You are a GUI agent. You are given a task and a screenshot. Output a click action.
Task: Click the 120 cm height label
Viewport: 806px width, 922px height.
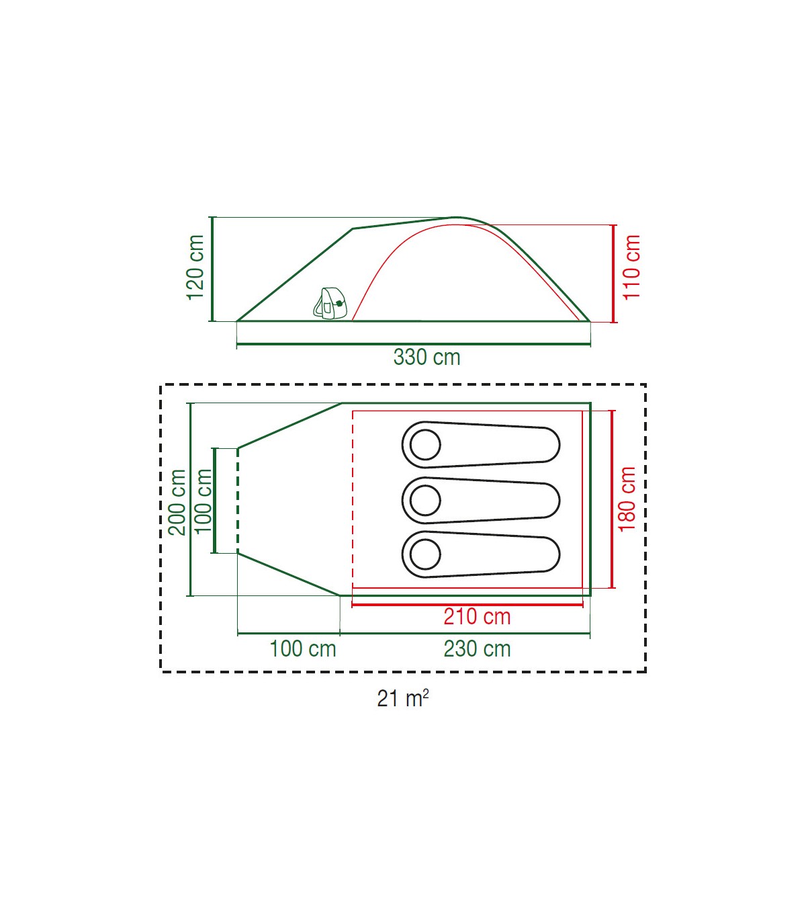195,267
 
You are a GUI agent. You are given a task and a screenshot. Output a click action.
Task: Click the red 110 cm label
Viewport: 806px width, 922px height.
631,267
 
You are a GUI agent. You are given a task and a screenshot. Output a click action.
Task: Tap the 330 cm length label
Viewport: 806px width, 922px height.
427,358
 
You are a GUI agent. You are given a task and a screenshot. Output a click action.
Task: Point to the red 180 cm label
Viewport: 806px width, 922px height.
627,499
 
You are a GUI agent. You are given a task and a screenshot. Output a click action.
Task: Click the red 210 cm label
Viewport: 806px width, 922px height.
477,617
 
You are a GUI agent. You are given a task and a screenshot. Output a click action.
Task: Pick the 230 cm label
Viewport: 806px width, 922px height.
477,649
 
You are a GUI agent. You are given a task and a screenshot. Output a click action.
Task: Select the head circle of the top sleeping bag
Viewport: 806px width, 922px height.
425,445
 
